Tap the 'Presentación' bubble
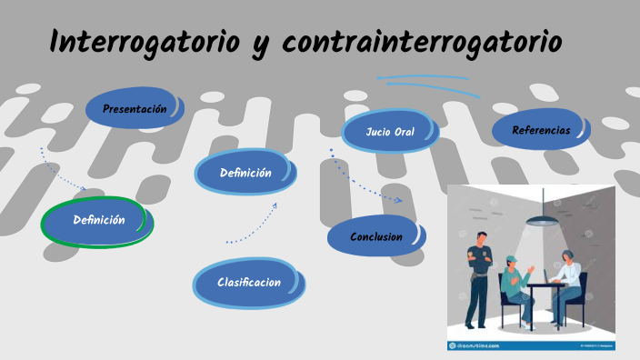pyautogui.click(x=135, y=109)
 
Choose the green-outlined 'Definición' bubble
pyautogui.click(x=99, y=220)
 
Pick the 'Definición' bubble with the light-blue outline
pyautogui.click(x=245, y=174)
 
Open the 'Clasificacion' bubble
pyautogui.click(x=248, y=283)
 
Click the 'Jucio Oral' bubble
pyautogui.click(x=390, y=133)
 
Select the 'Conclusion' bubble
pyautogui.click(x=375, y=237)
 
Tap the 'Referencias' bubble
pyautogui.click(x=541, y=131)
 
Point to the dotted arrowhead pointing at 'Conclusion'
pyautogui.click(x=397, y=199)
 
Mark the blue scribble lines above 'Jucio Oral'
pyautogui.click(x=423, y=82)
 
